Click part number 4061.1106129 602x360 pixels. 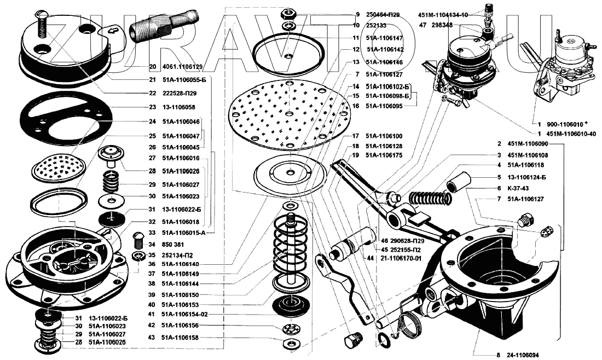tap(183, 67)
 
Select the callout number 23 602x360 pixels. tap(152, 107)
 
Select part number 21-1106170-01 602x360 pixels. tap(402, 258)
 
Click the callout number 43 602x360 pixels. tap(152, 338)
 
